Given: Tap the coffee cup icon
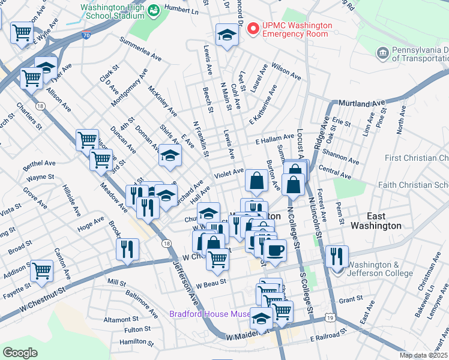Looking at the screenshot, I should (x=276, y=250).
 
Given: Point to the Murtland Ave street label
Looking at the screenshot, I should (x=361, y=103).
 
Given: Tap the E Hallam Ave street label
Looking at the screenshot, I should (x=274, y=139).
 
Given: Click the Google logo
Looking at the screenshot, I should (x=20, y=353).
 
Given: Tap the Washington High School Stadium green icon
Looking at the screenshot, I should (x=154, y=10).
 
